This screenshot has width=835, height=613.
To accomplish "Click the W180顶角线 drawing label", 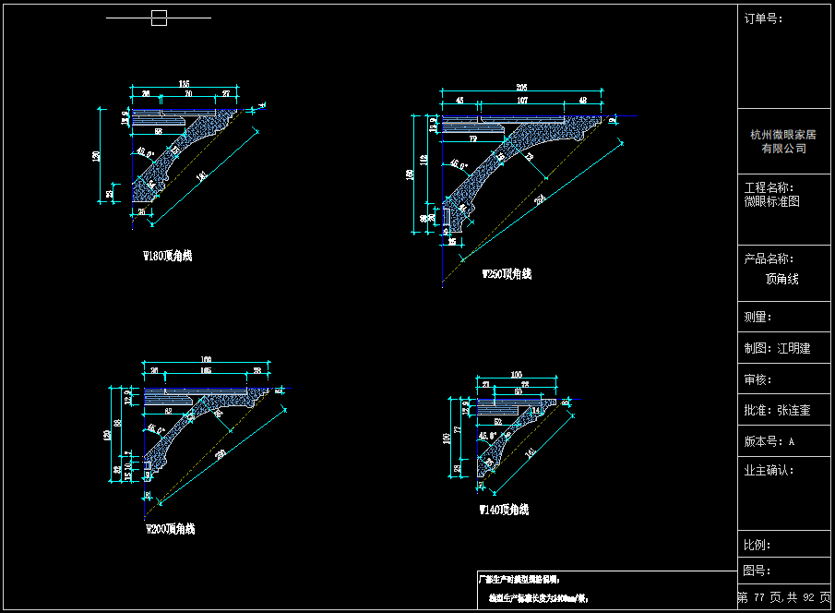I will (167, 256).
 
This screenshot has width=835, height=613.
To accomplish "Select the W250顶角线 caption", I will (507, 274).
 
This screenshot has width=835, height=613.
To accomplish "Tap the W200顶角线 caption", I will (171, 529).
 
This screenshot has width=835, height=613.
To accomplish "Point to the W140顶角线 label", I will (504, 510).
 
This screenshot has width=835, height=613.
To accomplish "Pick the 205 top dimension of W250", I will (522, 88).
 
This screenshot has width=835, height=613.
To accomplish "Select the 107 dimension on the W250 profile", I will (522, 100).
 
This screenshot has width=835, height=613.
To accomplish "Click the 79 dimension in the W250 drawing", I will (472, 138).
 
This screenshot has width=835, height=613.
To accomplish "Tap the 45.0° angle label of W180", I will (145, 151).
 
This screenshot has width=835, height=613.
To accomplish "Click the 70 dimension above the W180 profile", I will (188, 93).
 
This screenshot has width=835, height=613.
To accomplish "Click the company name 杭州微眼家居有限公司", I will (783, 141).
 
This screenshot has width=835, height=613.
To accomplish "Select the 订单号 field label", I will (763, 18).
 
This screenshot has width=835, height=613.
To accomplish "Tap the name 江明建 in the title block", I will (793, 348).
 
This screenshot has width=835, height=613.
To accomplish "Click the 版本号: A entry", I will (769, 441).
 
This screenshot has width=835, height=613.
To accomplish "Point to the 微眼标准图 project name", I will (771, 200).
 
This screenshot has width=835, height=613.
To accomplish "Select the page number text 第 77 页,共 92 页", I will (783, 597).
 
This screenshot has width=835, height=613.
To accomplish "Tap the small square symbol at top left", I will (159, 18).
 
